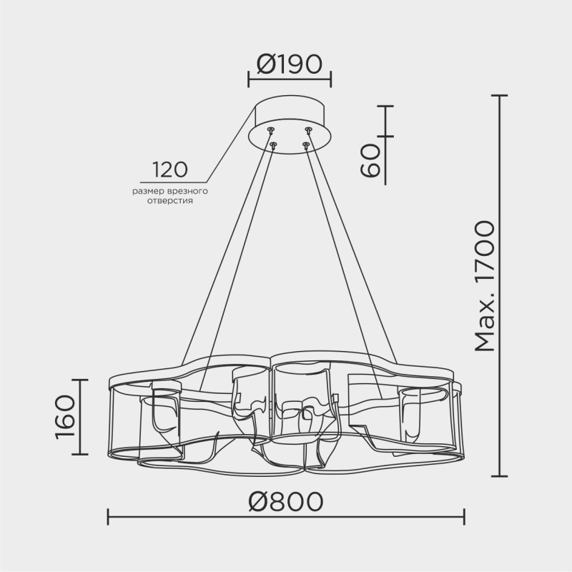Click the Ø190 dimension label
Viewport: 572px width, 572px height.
click(x=290, y=64)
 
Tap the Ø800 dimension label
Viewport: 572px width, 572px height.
click(x=285, y=501)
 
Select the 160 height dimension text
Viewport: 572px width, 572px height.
click(x=66, y=417)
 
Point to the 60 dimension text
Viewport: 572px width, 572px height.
click(x=370, y=159)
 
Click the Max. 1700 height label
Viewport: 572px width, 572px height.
click(x=485, y=285)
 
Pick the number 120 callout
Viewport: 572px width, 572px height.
click(x=169, y=169)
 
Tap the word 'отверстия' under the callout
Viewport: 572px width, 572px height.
click(x=170, y=201)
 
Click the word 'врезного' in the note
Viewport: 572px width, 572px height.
click(x=185, y=191)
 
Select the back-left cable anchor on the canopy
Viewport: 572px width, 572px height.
click(x=271, y=129)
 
